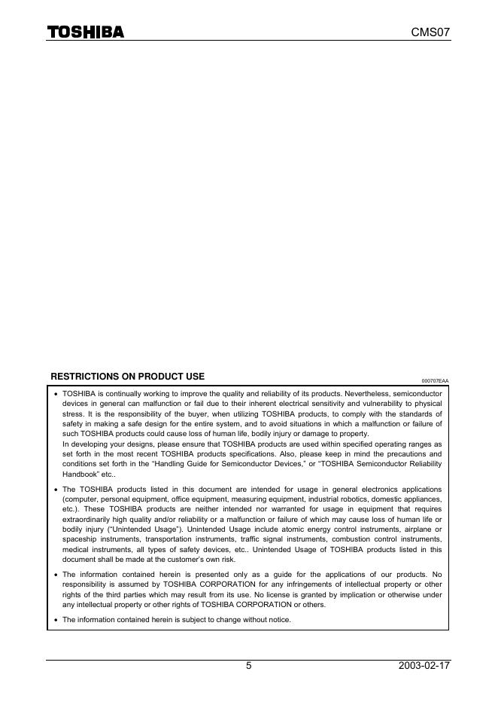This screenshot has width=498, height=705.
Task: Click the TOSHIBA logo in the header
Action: (x=86, y=32)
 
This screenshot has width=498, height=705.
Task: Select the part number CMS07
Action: (x=430, y=32)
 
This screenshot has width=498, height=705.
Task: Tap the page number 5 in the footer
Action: (x=248, y=666)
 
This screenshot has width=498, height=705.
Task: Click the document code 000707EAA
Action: (x=434, y=381)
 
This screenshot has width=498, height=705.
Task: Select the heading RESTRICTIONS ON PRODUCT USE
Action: (x=127, y=377)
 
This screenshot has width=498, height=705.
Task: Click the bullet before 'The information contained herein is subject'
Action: (x=55, y=620)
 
